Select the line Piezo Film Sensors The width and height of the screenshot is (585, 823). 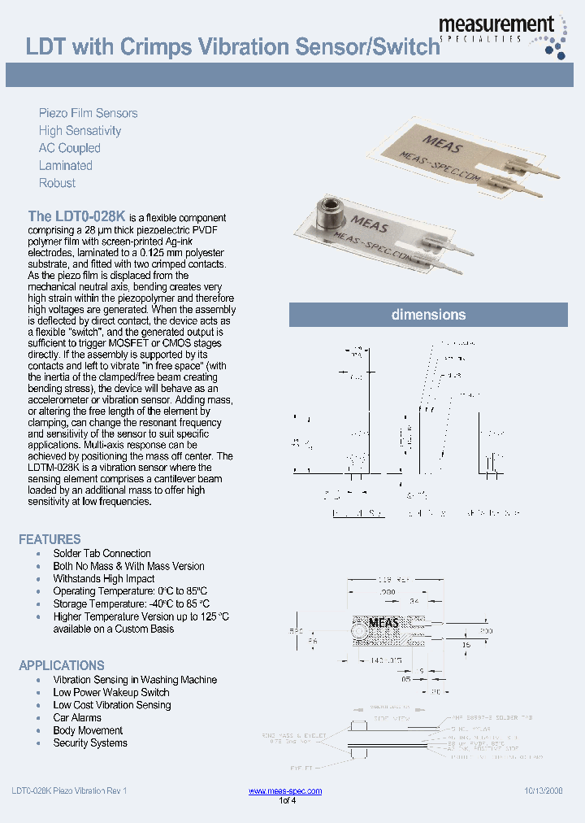click(88, 113)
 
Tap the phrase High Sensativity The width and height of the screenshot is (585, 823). click(80, 131)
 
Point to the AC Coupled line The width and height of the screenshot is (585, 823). click(69, 148)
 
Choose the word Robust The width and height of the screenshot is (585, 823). click(57, 183)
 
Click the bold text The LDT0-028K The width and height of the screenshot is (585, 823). click(76, 217)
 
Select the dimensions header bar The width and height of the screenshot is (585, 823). click(428, 315)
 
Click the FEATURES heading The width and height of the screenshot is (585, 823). click(50, 539)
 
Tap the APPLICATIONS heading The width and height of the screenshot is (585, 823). click(62, 665)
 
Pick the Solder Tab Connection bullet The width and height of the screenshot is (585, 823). click(102, 554)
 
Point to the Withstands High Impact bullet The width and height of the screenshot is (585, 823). click(103, 579)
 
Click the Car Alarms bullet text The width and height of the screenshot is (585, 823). click(77, 718)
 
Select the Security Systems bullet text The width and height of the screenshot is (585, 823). click(90, 743)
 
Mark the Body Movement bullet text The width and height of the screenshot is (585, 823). click(88, 730)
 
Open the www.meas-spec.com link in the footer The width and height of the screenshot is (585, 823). click(284, 791)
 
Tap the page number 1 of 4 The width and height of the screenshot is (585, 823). click(288, 801)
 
